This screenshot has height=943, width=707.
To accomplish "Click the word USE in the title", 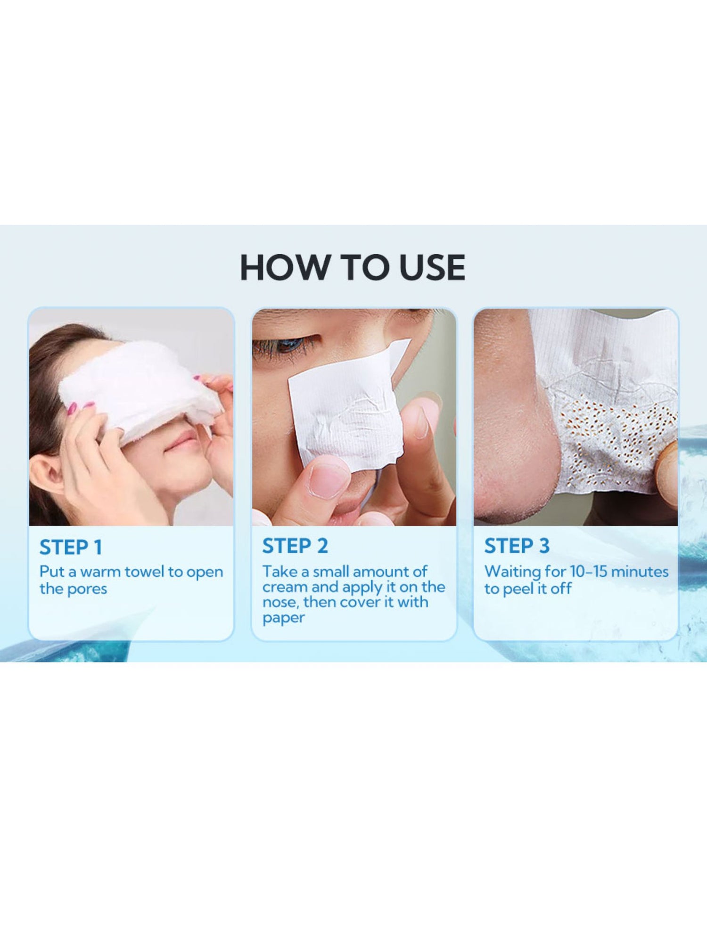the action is [x=432, y=267].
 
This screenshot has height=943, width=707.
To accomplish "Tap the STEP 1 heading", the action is [x=71, y=547].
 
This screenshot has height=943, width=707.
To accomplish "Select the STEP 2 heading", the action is [x=295, y=546].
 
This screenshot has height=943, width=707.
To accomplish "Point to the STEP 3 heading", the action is [x=517, y=546].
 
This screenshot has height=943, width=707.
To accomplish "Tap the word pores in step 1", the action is [x=87, y=589].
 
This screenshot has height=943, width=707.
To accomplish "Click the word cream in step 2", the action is [x=285, y=587].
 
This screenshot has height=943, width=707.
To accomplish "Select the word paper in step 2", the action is [x=284, y=618].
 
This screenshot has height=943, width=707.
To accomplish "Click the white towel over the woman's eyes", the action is [x=139, y=391].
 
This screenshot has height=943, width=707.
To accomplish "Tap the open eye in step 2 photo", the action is [x=285, y=346].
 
